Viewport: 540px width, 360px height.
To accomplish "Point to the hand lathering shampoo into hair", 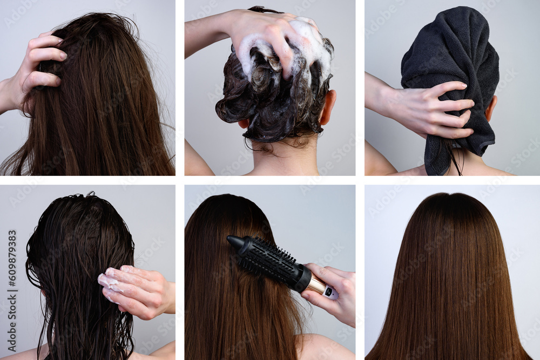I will (265, 32).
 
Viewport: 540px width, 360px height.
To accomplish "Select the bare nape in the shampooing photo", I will (281, 159).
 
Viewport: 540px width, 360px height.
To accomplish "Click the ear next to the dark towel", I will (491, 108).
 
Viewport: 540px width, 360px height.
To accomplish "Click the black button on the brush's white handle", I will (329, 292).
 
